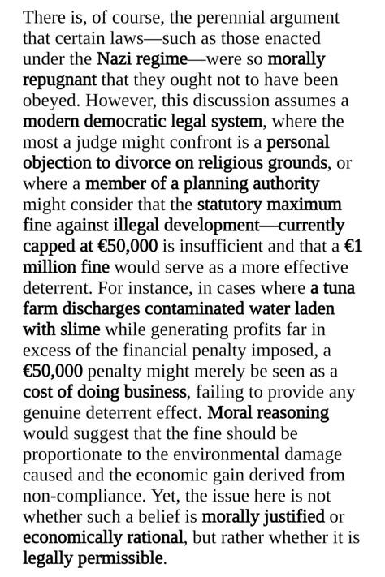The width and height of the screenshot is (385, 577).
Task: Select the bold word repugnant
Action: point(59,80)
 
